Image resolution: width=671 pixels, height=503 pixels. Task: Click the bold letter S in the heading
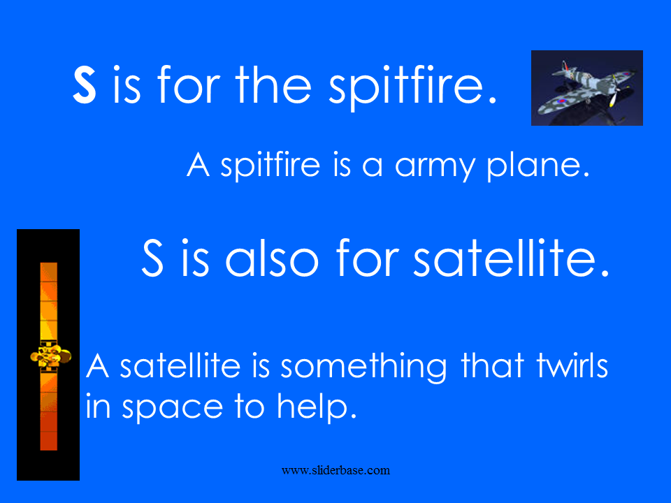85,85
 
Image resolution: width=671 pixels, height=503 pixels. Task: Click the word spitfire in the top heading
412,87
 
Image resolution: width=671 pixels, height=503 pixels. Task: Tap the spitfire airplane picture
586,88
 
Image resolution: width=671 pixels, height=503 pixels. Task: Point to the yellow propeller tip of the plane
612,101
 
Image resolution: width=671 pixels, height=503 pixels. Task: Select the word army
435,167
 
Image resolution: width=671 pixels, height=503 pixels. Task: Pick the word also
272,258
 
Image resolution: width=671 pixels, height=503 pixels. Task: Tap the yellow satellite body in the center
50,356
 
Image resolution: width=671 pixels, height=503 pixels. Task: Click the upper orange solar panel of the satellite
48,302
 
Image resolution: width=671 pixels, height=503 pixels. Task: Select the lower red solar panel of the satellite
48,411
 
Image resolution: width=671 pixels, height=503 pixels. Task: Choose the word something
363,367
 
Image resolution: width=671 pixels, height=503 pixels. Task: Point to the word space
173,407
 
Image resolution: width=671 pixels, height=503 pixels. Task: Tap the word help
316,407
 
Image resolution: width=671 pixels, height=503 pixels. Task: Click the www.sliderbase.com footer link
335,470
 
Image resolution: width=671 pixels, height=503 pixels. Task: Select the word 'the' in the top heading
273,85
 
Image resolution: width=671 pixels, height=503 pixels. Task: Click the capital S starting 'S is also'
152,258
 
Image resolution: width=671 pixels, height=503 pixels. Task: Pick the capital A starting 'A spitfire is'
198,164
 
